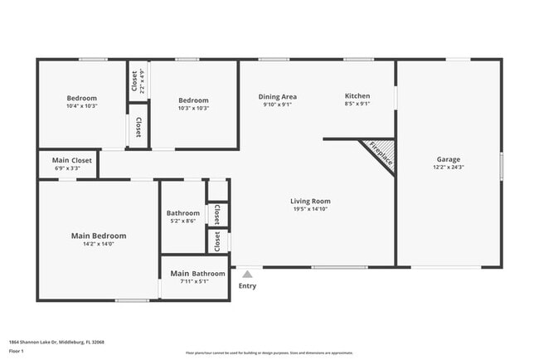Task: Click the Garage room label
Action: pyautogui.click(x=449, y=159)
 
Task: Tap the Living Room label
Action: pyautogui.click(x=310, y=201)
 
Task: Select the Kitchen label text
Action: pyautogui.click(x=357, y=96)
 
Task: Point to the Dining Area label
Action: pyautogui.click(x=278, y=96)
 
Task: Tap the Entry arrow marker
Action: pyautogui.click(x=247, y=274)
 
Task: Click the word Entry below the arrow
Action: pyautogui.click(x=247, y=286)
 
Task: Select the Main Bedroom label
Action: pyautogui.click(x=98, y=236)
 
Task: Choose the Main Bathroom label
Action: pyautogui.click(x=197, y=273)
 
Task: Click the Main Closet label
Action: pyautogui.click(x=71, y=160)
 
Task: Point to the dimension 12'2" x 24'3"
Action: pyautogui.click(x=449, y=168)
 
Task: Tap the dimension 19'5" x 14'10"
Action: pyautogui.click(x=310, y=209)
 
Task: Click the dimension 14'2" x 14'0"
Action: pyautogui.click(x=98, y=244)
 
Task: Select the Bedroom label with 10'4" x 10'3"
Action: pyautogui.click(x=81, y=98)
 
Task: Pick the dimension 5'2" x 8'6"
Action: pyautogui.click(x=182, y=221)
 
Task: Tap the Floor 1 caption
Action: pyautogui.click(x=17, y=351)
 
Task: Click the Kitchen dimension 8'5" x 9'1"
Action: pyautogui.click(x=357, y=105)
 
